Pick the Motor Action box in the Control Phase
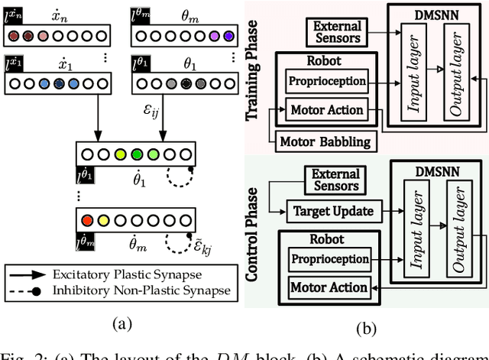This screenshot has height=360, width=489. (x=328, y=287)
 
